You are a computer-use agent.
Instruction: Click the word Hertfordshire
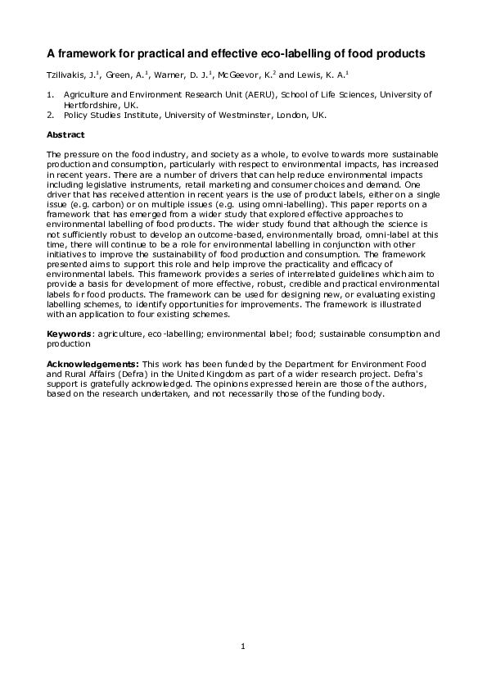(x=92, y=105)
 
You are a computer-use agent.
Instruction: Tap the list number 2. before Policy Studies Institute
(x=51, y=115)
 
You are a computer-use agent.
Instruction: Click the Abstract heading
(x=65, y=134)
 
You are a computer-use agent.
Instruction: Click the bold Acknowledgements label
(x=92, y=362)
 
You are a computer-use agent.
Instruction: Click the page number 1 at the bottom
(x=243, y=647)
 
